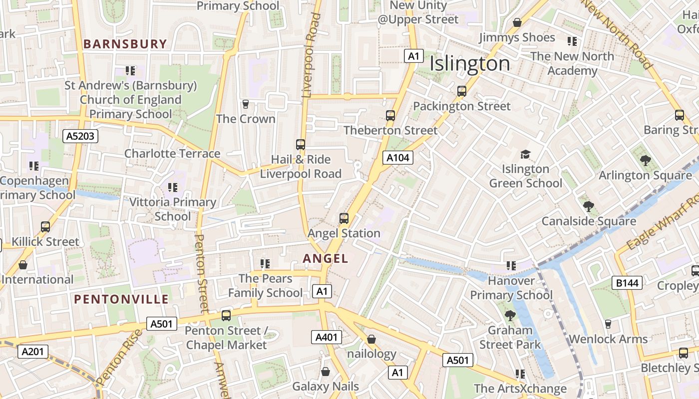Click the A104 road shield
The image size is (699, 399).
coord(398,158)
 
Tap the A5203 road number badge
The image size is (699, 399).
coord(80,136)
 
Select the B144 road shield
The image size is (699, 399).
coord(627,283)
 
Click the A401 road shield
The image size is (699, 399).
coord(327,337)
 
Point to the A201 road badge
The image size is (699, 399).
coord(33,352)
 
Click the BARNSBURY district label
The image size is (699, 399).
coord(125,44)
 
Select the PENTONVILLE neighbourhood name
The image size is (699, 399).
coord(121,299)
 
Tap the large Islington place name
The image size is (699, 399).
coord(470,64)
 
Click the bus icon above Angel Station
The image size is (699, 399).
coord(344,218)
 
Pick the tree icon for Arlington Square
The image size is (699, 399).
coord(645,160)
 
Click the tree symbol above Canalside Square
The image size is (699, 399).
coord(589,206)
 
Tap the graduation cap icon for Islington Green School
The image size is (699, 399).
coord(525,154)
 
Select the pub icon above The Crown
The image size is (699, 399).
coord(245,104)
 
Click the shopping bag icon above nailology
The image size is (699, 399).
coord(371,339)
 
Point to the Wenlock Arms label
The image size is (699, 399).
coord(608,339)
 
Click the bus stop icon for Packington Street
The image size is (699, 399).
coord(462,91)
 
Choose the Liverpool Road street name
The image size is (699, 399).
coord(313,55)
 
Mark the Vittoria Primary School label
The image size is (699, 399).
coord(173,209)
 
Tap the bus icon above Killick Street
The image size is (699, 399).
coord(45,227)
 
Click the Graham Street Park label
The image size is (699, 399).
coord(510,337)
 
